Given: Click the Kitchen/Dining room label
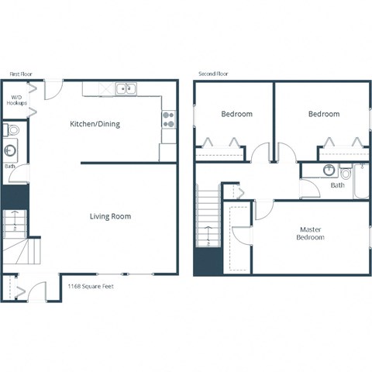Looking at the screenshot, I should [95, 123].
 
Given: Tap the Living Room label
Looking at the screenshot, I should [110, 216].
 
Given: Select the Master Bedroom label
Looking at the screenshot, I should [310, 233].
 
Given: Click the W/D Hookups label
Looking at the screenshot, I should [17, 100].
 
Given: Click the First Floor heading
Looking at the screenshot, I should [19, 74].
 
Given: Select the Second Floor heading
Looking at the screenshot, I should [214, 74].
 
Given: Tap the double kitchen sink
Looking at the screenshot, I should [126, 89].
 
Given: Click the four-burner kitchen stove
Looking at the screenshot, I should [168, 119].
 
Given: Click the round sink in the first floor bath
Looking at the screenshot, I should [12, 150].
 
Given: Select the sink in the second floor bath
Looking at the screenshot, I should [329, 170].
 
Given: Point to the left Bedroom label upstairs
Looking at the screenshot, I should [236, 114].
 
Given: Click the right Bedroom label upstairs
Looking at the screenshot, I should [323, 114].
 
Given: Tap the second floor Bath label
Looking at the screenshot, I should [338, 185].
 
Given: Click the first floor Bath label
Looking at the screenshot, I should [10, 166].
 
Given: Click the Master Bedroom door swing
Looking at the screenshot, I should [263, 208].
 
